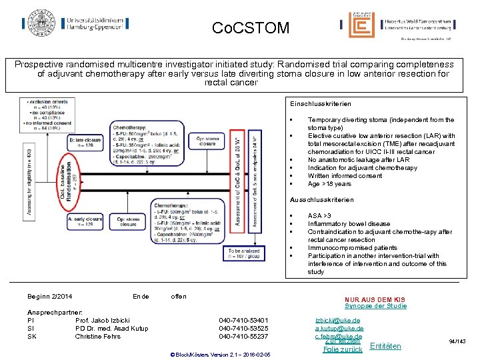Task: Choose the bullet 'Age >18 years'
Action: click(329, 184)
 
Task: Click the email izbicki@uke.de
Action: click(339, 321)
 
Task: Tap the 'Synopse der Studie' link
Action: click(375, 306)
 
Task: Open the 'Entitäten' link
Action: click(385, 346)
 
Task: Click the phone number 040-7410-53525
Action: click(243, 329)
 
